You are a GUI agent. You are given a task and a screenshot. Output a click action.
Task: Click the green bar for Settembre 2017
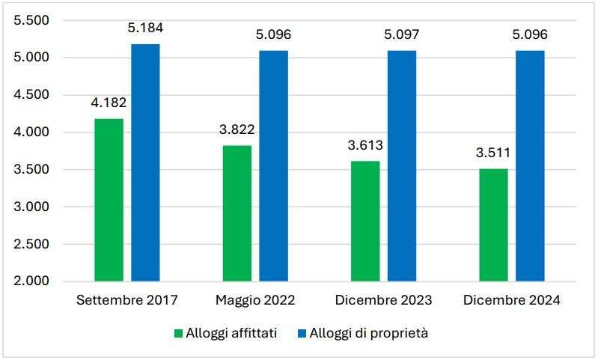[x=109, y=200]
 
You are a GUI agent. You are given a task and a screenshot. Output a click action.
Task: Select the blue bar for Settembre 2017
[x=145, y=162]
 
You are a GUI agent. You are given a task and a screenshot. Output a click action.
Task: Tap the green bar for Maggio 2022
[x=237, y=213]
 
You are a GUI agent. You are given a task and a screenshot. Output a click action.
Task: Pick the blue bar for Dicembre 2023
[x=401, y=165]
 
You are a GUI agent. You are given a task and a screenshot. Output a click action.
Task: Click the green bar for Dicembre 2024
[x=493, y=225]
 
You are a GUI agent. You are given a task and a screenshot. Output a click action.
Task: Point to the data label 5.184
[x=145, y=29]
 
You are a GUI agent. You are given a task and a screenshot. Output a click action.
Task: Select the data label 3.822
[x=237, y=129]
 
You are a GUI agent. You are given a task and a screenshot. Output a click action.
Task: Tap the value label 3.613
[x=364, y=145]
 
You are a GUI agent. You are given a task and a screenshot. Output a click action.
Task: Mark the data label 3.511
[x=493, y=153]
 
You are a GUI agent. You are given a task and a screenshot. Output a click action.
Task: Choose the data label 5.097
[x=401, y=35]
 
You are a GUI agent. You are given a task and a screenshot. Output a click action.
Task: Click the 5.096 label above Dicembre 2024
[x=528, y=35]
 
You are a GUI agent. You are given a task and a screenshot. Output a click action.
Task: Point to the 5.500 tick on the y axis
[x=31, y=21]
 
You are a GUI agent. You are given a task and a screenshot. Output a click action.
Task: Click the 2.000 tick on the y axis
[x=31, y=281]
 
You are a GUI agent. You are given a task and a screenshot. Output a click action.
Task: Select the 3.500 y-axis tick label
[x=31, y=170]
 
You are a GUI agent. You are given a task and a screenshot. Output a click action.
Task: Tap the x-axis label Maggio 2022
[x=255, y=301]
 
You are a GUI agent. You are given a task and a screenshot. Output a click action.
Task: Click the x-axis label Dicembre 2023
[x=383, y=301]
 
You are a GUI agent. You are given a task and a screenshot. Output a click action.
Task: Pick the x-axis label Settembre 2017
[x=127, y=301]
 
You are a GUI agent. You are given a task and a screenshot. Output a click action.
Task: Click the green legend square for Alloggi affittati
[x=178, y=334]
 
